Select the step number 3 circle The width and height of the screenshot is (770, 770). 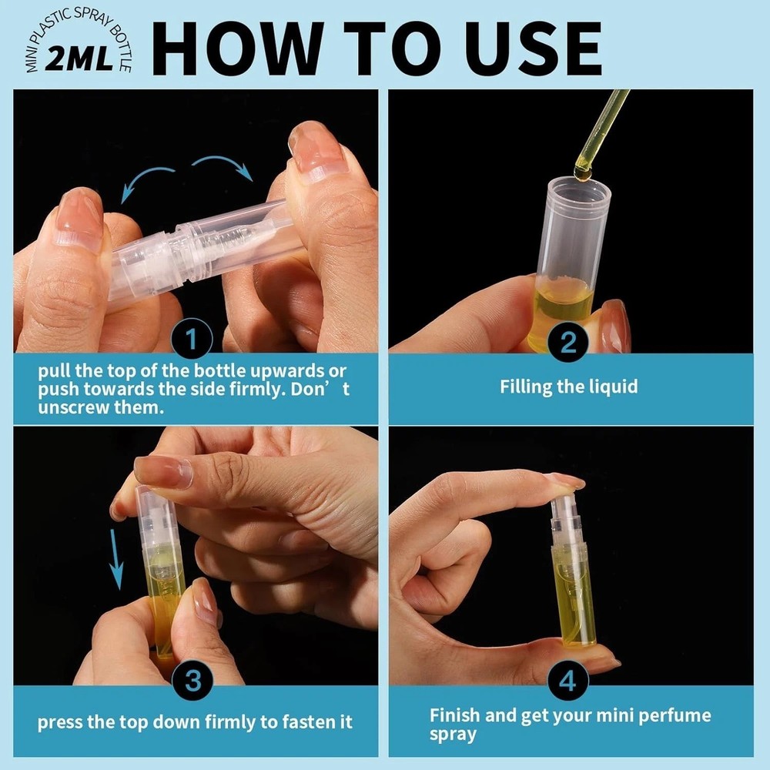tap(195, 680)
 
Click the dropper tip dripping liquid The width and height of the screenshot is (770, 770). tap(583, 172)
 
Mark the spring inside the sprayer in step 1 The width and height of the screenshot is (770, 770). tap(231, 235)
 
